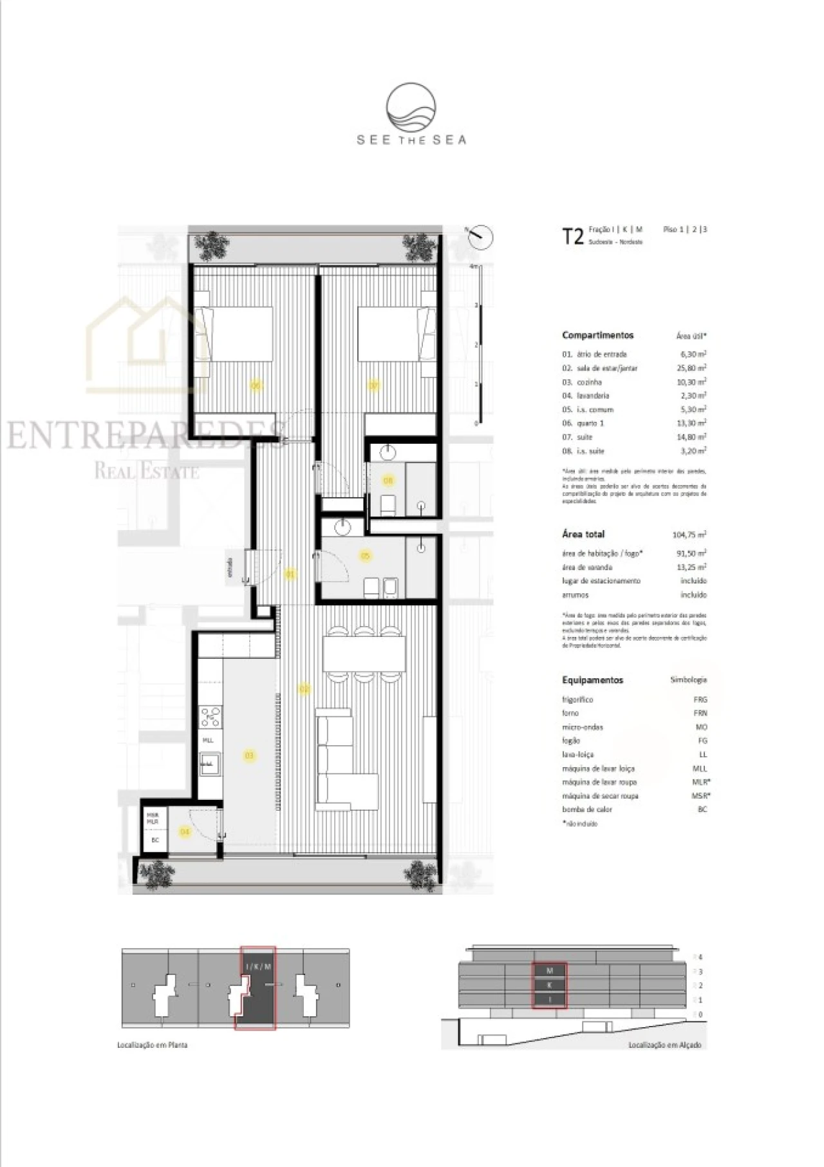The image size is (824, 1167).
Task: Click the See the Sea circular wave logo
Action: point(411,108)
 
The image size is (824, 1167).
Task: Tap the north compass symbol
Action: point(480,237)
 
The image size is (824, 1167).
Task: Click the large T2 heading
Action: point(572,236)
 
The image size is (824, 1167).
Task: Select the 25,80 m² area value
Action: point(693,368)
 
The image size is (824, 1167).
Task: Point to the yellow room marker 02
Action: point(304,688)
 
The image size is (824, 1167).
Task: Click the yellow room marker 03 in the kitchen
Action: point(249,755)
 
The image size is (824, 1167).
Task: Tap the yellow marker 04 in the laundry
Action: point(185,831)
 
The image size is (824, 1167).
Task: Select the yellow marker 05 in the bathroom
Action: point(366,555)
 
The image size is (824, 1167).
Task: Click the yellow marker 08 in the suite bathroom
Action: point(388,480)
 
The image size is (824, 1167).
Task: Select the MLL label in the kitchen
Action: point(208,740)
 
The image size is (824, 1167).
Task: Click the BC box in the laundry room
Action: point(154,840)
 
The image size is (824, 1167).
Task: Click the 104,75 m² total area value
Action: point(689,535)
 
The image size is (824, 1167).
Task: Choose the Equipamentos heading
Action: point(592,680)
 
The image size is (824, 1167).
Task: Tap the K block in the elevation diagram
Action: point(549,985)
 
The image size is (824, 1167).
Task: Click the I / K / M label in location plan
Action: point(258,967)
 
